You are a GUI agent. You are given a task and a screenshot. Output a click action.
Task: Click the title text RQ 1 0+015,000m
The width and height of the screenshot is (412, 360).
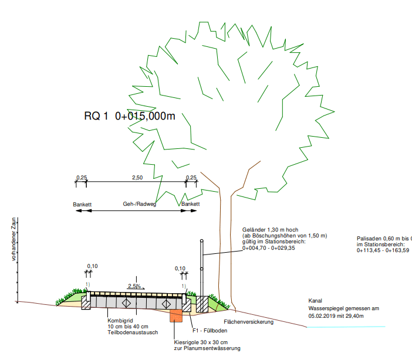130,117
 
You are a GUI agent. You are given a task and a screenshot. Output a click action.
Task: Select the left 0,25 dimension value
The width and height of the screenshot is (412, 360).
81,177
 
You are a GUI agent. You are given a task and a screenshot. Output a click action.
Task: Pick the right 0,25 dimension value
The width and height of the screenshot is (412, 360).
191,177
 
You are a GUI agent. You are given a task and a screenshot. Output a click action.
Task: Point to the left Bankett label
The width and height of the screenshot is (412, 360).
82,204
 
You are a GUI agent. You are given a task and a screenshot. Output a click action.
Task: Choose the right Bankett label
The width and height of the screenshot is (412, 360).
190,204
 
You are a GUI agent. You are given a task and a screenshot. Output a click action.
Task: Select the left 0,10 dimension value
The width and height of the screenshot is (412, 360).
92,267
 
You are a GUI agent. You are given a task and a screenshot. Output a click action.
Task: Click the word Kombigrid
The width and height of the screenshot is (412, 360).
119,321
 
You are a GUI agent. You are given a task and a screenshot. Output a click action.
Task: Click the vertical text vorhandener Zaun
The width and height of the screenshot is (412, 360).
12,246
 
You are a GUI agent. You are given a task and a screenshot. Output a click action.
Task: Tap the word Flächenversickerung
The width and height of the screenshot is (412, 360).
249,322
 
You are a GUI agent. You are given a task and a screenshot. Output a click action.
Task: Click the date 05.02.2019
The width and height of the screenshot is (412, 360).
323,315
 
